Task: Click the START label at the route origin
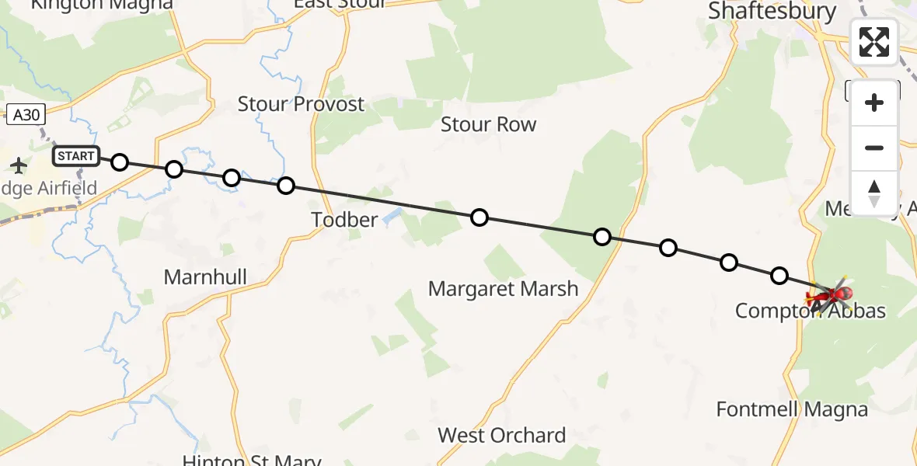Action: [76, 156]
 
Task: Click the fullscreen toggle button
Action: [874, 41]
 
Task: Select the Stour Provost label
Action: [301, 104]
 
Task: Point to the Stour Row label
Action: [488, 124]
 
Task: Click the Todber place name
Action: [344, 220]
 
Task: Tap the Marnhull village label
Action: [205, 277]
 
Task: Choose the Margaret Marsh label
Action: [503, 290]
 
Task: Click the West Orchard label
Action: [501, 435]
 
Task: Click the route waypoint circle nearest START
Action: [119, 162]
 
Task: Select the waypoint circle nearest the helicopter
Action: [779, 276]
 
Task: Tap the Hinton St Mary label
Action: [251, 460]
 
